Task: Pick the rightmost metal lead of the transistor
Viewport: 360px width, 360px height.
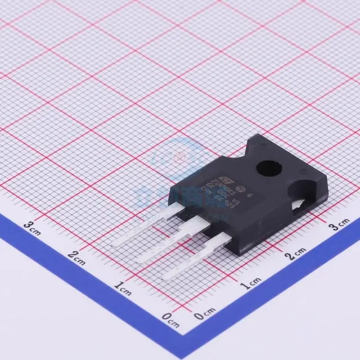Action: point(192,259)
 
